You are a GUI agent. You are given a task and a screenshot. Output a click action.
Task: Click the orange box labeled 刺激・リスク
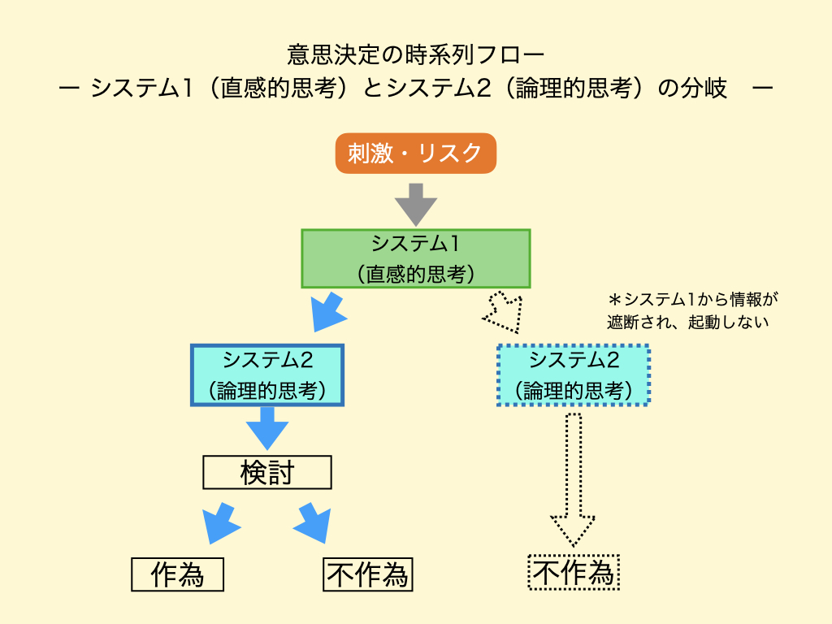coord(415,153)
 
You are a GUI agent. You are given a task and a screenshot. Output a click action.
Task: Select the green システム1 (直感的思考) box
coord(415,258)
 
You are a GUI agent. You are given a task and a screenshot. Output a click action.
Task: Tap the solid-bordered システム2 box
coord(267,375)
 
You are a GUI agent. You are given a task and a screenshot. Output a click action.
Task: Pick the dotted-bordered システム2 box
coord(574,375)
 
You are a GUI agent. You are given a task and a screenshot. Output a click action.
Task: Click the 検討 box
coord(266,472)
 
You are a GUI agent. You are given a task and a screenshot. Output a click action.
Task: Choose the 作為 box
coord(177,574)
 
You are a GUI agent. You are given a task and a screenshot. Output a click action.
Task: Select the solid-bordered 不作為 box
coord(368,574)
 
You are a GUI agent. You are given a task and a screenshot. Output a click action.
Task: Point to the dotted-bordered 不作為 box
coord(574,573)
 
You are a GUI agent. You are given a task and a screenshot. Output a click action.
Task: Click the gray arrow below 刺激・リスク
coord(415,203)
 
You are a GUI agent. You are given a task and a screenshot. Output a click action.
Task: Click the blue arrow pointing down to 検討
coord(267,427)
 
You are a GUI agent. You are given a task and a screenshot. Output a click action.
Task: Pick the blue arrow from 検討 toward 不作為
coord(314,522)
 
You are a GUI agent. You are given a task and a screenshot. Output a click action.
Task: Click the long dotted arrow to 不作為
coord(574,479)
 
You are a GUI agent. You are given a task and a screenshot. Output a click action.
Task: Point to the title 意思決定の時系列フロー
coord(415,55)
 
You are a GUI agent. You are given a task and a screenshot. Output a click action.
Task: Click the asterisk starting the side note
coord(614,299)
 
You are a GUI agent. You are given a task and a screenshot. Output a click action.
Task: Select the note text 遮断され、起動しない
coord(687,321)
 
